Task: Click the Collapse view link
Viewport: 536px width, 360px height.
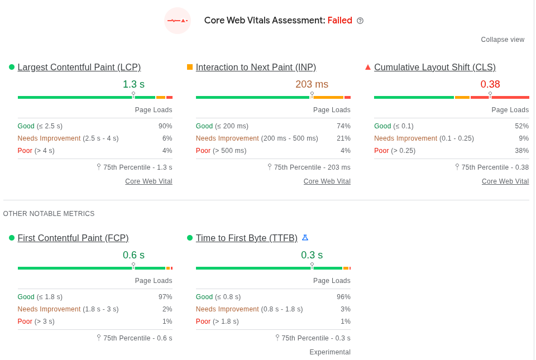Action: (502, 40)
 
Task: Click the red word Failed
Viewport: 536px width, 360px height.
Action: (339, 21)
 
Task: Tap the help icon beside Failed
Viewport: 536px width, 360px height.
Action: (360, 21)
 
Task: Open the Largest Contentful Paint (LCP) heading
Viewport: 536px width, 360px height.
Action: (79, 68)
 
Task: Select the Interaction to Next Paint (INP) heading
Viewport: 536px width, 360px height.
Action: (256, 68)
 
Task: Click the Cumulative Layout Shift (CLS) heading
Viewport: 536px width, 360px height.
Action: (434, 68)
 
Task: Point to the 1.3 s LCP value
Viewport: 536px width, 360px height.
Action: (133, 84)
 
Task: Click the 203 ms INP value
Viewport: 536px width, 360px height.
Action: (312, 84)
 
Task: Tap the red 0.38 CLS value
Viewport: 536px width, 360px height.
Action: (490, 84)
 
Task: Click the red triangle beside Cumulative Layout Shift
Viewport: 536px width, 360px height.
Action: (368, 67)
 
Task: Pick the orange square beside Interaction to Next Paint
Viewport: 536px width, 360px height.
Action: (190, 67)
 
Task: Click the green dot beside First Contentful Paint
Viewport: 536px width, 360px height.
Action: (12, 238)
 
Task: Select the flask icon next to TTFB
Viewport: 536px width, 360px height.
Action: (305, 238)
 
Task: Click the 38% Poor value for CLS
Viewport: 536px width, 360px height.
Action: (521, 151)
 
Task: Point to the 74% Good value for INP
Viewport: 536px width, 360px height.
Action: (343, 126)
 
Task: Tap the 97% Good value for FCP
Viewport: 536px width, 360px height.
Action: (165, 297)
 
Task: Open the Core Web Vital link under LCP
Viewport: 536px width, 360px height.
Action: (149, 181)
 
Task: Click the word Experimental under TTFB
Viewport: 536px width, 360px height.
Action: (330, 352)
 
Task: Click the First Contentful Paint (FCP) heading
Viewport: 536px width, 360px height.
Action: (73, 238)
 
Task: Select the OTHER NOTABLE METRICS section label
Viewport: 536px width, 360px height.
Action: (49, 214)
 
